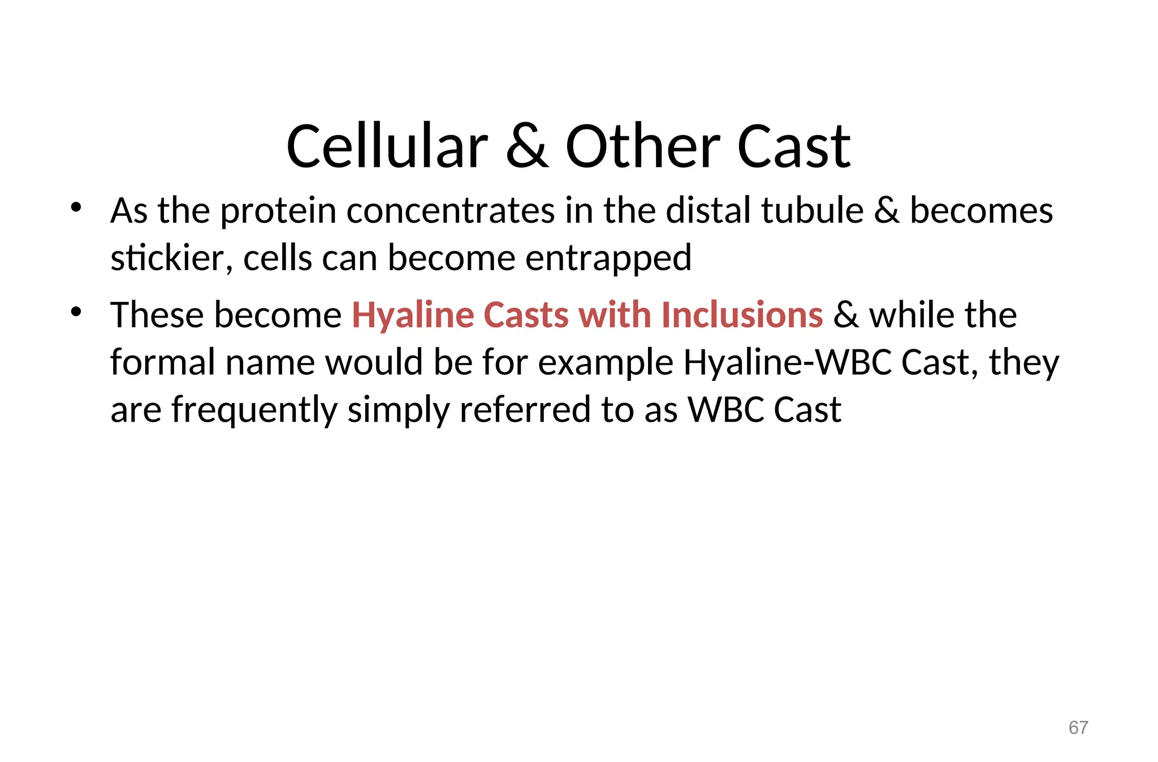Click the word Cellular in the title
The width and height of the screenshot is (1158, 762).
click(x=387, y=147)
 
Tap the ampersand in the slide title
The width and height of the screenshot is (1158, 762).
click(x=526, y=147)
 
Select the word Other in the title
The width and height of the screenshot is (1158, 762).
click(x=643, y=147)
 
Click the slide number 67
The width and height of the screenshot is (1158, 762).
click(x=1078, y=728)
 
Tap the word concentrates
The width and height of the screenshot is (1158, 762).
click(x=450, y=211)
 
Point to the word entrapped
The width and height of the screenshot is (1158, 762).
click(x=608, y=259)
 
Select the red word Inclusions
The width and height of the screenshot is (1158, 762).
click(x=742, y=315)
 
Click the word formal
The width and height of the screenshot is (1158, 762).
click(x=162, y=362)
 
